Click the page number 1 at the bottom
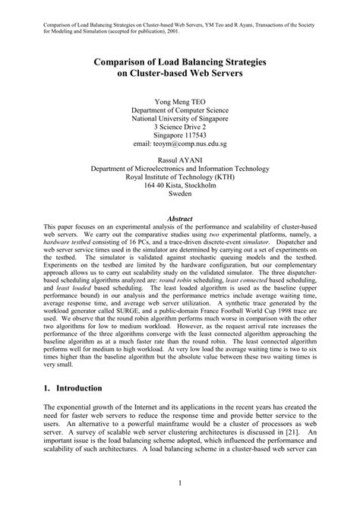pyautogui.click(x=180, y=482)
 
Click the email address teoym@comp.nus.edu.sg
pyautogui.click(x=180, y=142)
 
